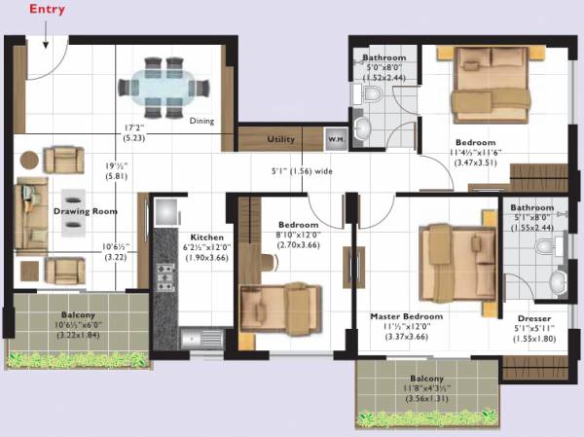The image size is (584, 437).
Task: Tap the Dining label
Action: pyautogui.click(x=201, y=122)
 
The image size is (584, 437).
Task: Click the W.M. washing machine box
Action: pyautogui.click(x=335, y=139)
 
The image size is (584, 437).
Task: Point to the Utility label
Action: pyautogui.click(x=281, y=139)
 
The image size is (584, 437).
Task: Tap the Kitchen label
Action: pyautogui.click(x=206, y=237)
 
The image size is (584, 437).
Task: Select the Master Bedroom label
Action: pyautogui.click(x=407, y=316)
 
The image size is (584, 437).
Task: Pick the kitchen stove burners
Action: pyautogui.click(x=164, y=275)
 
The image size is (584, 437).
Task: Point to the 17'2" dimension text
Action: pyautogui.click(x=134, y=127)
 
